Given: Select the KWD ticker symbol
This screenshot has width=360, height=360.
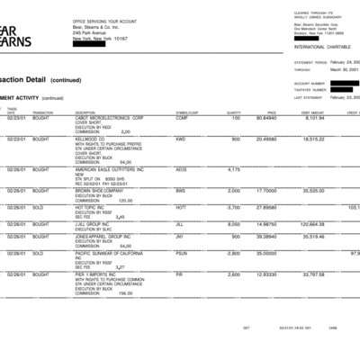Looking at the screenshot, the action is tap(181, 139).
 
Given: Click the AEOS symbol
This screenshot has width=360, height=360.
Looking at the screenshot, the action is tap(182, 169).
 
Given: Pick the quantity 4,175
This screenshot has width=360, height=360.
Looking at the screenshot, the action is tap(233, 169).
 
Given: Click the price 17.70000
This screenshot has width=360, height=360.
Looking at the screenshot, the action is tap(265, 191).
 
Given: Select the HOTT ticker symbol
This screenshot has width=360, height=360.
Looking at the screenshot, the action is tap(182, 207).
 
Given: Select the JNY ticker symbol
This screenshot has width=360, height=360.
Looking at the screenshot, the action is tap(181, 237).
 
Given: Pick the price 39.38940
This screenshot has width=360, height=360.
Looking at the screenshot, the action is tap(264, 237).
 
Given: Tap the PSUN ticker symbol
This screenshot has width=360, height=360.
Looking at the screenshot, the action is tap(182, 254).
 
